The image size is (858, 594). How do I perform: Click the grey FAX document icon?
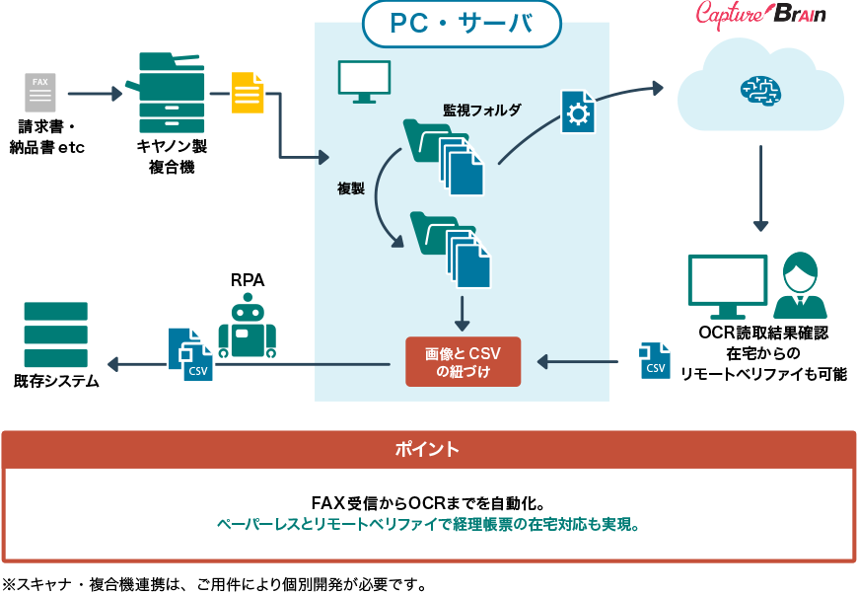point(40,93)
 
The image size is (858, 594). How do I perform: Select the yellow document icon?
point(248,94)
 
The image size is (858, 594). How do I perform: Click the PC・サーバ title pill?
point(462,25)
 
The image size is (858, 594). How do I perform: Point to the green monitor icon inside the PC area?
point(364,82)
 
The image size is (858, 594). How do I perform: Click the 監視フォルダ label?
point(481,110)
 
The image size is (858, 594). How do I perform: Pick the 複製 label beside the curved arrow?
point(351,187)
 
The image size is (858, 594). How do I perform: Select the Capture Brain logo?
point(761,15)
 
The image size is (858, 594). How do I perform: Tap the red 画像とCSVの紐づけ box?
point(463,362)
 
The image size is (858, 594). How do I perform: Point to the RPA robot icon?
point(247,329)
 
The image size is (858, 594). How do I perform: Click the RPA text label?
point(247,280)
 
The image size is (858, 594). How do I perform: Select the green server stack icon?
point(55,334)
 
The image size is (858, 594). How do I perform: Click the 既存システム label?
point(56,381)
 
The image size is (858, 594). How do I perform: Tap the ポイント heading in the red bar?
point(427,449)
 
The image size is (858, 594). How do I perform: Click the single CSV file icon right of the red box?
point(654,360)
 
